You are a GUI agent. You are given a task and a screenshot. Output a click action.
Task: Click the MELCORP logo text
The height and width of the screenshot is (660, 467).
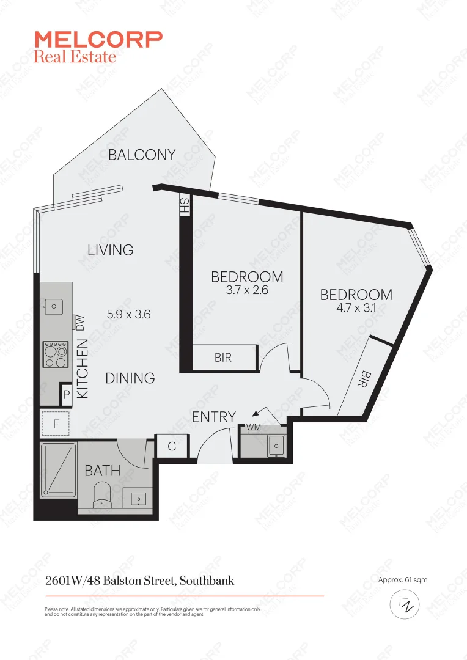coord(98,40)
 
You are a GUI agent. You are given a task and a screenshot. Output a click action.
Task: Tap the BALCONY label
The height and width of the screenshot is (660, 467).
coord(142,155)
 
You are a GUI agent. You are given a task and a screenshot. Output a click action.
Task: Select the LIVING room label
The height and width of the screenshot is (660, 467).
coord(110,250)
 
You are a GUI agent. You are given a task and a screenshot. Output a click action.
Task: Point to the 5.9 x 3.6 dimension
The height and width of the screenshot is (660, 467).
coord(128,315)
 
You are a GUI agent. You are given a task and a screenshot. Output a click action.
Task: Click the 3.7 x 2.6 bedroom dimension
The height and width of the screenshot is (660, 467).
coord(247,290)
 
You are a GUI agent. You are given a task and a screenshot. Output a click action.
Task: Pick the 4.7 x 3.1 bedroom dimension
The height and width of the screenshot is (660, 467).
coord(356,309)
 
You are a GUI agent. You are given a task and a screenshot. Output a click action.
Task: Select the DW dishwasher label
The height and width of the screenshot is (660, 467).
coord(79,323)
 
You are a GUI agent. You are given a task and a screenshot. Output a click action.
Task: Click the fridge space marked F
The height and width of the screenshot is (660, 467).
coord(56,424)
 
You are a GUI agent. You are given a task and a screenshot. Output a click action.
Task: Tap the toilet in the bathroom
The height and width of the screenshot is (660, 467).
coord(101,494)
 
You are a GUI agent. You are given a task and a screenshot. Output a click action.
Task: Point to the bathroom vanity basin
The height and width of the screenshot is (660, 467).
coord(138,498)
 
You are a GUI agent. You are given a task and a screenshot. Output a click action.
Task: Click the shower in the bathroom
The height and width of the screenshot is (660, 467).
coord(59,470)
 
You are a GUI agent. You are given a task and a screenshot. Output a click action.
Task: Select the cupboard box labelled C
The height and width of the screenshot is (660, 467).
coord(172,447)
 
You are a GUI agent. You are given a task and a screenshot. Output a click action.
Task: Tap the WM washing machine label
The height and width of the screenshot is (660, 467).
coord(253,427)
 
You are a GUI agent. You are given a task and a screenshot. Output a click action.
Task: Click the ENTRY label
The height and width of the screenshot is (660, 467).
coord(214,417)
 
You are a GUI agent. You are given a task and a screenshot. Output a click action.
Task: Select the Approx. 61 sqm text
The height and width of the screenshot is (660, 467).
coord(403,579)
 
